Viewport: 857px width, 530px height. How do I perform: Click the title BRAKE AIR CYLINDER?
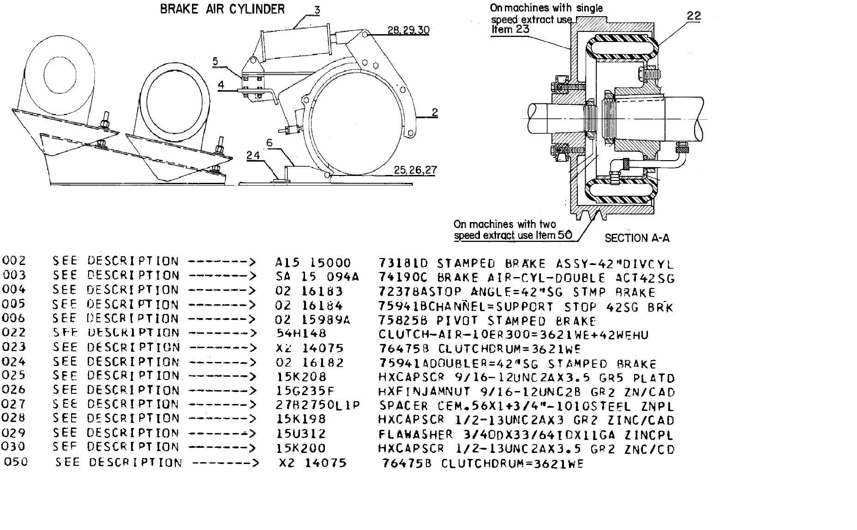(222, 9)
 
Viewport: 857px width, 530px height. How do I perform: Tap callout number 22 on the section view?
(694, 16)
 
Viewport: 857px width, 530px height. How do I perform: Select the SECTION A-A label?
(637, 238)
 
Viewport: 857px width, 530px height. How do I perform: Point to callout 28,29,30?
(408, 30)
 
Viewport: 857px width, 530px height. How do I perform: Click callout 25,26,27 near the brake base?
(415, 170)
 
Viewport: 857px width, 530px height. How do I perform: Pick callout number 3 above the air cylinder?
(317, 9)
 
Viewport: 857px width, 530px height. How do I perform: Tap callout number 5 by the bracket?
(216, 61)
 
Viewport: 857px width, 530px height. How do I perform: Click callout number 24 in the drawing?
(253, 155)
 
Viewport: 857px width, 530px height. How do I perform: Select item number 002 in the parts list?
(14, 261)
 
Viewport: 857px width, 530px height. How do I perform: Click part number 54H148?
(301, 333)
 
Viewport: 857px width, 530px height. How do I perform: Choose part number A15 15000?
(313, 263)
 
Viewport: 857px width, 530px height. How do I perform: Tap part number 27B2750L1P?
(318, 405)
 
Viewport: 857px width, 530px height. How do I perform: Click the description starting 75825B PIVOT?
(487, 320)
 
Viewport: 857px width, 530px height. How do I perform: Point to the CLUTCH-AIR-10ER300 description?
(513, 334)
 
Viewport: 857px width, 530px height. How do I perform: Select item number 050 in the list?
(16, 462)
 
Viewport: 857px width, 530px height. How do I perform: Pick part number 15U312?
(301, 434)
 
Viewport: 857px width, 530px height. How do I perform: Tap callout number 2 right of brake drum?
(434, 112)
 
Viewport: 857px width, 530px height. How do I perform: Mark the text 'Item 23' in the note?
(510, 30)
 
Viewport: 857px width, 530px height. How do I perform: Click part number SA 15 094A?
(317, 277)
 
